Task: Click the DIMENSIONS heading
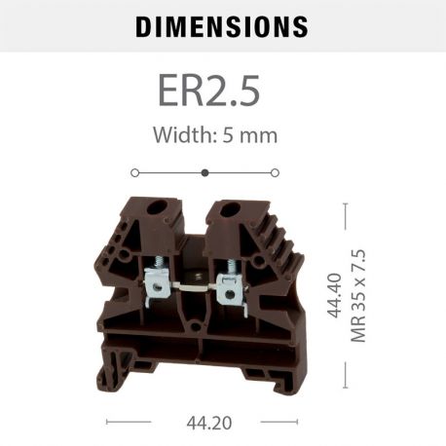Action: click(x=222, y=26)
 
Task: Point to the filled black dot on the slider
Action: click(x=204, y=173)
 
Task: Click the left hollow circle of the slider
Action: click(x=134, y=173)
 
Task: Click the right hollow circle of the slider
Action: click(x=275, y=173)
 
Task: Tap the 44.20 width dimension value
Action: click(x=205, y=424)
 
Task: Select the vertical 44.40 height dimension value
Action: click(x=334, y=295)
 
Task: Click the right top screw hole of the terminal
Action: click(x=234, y=208)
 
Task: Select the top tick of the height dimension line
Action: click(x=346, y=204)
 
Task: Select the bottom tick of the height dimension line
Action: click(x=346, y=387)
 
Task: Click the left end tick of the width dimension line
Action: click(x=106, y=423)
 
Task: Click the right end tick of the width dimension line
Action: click(x=296, y=423)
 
